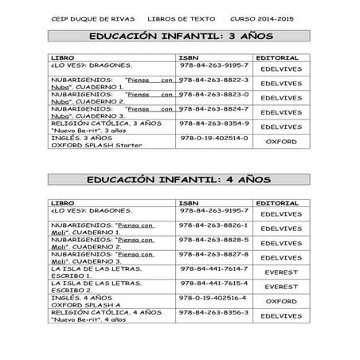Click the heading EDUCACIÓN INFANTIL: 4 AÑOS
[x=180, y=182]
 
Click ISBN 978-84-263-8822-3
[x=214, y=80]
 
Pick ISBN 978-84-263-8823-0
[x=214, y=95]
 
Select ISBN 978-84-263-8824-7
[x=214, y=109]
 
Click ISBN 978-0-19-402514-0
[x=214, y=138]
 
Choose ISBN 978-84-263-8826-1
[x=214, y=225]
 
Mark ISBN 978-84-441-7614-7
[x=214, y=268]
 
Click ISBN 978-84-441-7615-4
[x=214, y=283]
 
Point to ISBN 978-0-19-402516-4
[x=214, y=297]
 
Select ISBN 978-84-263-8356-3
[x=214, y=311]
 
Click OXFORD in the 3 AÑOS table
[x=281, y=141]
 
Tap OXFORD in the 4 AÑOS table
[x=281, y=302]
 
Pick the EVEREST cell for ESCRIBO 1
[x=281, y=272]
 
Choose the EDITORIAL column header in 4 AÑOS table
[x=279, y=203]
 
